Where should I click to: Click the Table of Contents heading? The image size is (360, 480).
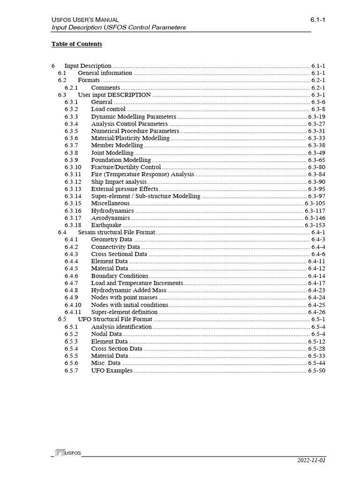click(x=76, y=44)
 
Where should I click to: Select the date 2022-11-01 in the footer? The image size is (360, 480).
click(x=311, y=460)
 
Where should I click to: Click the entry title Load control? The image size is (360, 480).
click(x=108, y=109)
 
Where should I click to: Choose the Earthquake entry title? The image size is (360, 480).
click(x=106, y=225)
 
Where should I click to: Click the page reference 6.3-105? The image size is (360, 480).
click(x=315, y=203)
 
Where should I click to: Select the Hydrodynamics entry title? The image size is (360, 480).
click(x=112, y=211)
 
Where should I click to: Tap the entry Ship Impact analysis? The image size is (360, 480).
click(x=119, y=182)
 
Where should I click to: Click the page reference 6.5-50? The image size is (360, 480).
click(x=316, y=371)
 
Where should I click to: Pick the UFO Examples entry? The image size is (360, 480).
click(x=112, y=371)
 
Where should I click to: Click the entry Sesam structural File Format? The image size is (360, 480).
click(x=116, y=232)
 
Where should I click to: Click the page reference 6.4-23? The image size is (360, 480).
click(x=316, y=291)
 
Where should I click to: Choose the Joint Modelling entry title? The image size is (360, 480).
click(x=112, y=153)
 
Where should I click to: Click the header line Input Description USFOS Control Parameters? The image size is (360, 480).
click(x=119, y=28)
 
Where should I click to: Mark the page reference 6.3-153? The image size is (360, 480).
click(x=315, y=225)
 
